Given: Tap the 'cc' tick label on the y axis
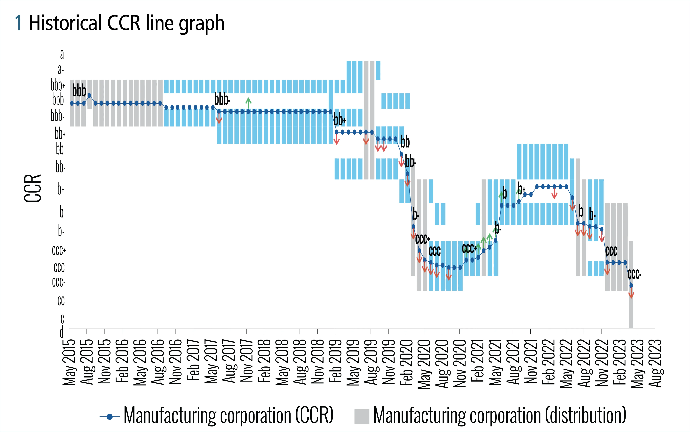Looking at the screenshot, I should (x=61, y=301).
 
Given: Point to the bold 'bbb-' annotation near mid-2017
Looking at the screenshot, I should (x=222, y=99).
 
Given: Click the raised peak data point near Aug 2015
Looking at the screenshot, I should (x=89, y=95).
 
